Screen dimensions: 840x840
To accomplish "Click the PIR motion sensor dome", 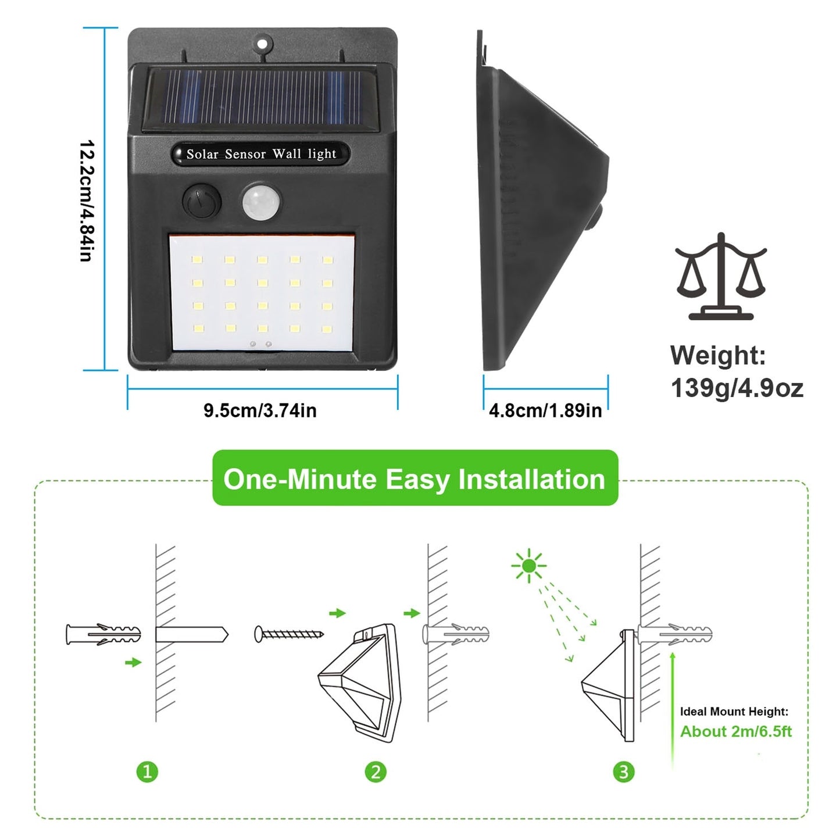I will pos(261,202).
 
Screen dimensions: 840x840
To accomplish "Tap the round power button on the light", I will pos(202,202).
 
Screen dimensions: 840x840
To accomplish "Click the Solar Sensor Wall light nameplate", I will pos(261,154).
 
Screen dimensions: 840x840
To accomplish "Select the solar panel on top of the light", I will pos(262,98).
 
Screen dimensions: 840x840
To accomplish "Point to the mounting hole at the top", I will pos(263,43).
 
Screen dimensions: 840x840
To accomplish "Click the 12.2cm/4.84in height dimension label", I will pos(87,201).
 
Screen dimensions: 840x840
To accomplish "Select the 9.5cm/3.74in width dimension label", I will pos(260,410).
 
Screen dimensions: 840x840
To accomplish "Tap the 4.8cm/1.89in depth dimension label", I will pos(545,410).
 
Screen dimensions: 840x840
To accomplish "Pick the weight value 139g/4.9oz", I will pos(737,388).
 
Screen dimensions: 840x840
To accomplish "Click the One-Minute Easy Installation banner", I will pos(414,479).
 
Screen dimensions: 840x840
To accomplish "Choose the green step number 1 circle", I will pos(147,771).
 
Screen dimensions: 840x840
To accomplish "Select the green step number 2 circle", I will pos(376,771).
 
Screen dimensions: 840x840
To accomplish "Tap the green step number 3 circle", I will pos(624,771).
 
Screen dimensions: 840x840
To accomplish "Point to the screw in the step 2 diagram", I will pos(289,634).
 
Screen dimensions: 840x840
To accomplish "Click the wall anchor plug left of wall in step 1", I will pos(103,634).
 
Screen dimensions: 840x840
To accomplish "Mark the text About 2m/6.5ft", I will pos(735,731).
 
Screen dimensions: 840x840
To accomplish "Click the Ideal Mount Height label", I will pos(734,712).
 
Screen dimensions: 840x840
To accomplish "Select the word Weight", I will pos(718,356).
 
